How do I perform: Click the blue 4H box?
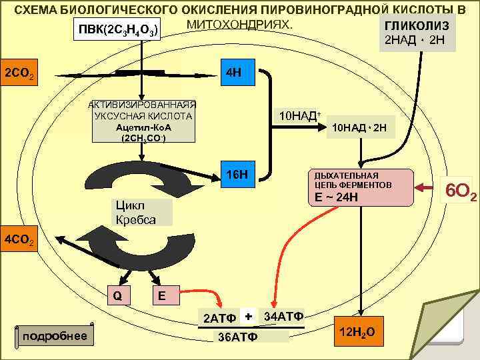pos(237,72)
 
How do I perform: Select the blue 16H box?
pos(237,174)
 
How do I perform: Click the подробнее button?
pos(55,335)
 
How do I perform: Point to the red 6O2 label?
pos(461,191)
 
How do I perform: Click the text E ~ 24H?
pos(337,197)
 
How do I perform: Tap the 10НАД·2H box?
pos(363,127)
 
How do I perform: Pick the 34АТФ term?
pos(283,315)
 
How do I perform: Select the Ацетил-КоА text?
pos(144,127)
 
